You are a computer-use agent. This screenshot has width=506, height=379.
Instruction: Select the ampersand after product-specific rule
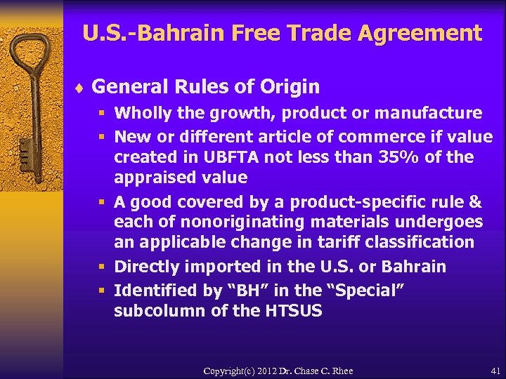[474, 202]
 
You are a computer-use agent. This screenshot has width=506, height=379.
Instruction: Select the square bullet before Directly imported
[103, 267]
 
